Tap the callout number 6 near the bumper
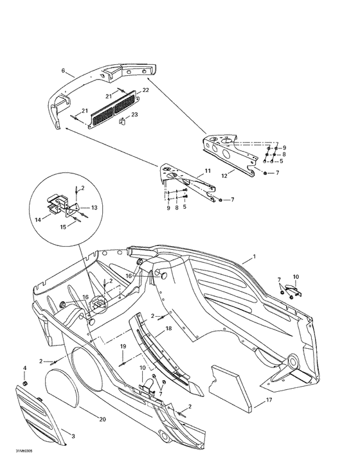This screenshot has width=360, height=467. [x=63, y=69]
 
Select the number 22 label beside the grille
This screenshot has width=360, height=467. [x=145, y=90]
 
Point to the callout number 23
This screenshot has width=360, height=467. [x=134, y=114]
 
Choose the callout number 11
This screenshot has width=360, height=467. [x=207, y=171]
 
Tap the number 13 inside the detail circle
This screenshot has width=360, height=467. [x=94, y=207]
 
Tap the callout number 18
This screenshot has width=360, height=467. [x=168, y=328]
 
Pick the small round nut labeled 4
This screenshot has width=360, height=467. [x=25, y=383]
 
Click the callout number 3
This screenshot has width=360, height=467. [x=73, y=436]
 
